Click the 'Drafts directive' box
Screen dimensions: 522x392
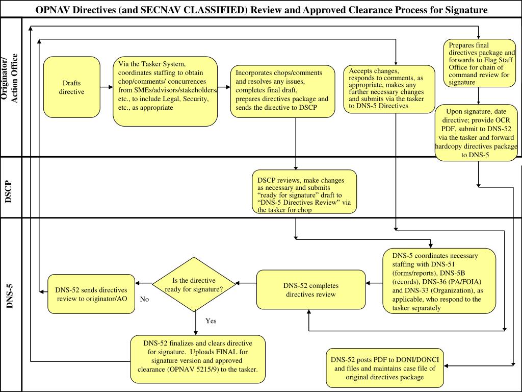click(x=71, y=87)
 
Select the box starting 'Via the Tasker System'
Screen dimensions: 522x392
click(x=165, y=91)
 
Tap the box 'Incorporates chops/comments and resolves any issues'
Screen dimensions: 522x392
click(x=282, y=91)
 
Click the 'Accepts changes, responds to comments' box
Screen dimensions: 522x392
click(x=389, y=89)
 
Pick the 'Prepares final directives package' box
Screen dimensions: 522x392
click(x=480, y=63)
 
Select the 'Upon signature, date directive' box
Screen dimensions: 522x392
click(x=477, y=133)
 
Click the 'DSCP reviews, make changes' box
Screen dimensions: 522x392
click(x=304, y=192)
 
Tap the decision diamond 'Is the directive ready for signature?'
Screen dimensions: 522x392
click(x=194, y=284)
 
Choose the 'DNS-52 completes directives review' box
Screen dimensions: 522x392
click(x=311, y=290)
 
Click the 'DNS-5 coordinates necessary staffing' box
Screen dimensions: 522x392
click(x=439, y=281)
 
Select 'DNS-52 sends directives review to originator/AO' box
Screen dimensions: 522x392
click(x=91, y=294)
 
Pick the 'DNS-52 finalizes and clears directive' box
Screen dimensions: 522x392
click(x=198, y=359)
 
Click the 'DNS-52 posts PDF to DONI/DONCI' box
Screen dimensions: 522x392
click(x=385, y=368)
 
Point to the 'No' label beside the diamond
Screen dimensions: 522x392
click(x=144, y=299)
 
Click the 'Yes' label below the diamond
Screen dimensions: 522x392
click(x=211, y=321)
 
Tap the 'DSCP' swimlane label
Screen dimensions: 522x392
click(x=9, y=192)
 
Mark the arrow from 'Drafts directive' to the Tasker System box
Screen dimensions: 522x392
click(x=107, y=87)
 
